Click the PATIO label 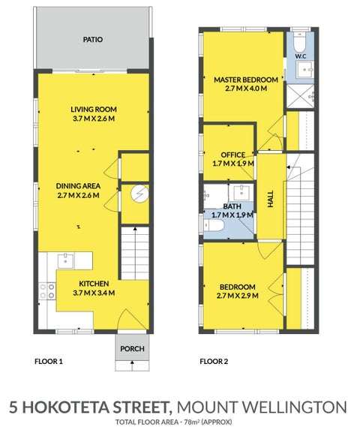click(x=93, y=40)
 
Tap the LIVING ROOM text click(x=94, y=110)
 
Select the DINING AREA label click(x=78, y=186)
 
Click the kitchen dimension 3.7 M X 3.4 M click(x=94, y=293)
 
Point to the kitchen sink click(x=65, y=260)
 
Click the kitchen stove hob click(x=47, y=291)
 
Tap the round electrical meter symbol click(x=139, y=194)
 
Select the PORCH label click(x=132, y=348)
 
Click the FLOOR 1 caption click(x=49, y=362)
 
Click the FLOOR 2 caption click(x=214, y=362)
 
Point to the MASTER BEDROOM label click(x=246, y=80)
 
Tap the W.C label click(x=301, y=56)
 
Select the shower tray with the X click(x=301, y=96)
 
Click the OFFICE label click(x=233, y=155)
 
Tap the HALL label click(x=271, y=199)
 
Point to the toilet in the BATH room click(x=214, y=225)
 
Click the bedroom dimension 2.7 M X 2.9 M click(x=238, y=296)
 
